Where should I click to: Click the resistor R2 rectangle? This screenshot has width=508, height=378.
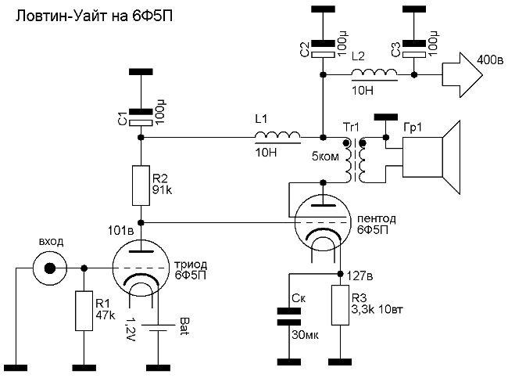coord(141,185)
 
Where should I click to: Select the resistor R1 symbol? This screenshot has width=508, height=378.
coord(84,311)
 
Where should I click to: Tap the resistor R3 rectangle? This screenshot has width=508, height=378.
coord(340,305)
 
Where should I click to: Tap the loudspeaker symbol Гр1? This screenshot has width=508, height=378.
coord(431,157)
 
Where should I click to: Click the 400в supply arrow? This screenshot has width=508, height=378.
coord(463,75)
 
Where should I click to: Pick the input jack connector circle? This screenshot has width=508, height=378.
coord(49,268)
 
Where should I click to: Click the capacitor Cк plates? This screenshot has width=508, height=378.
coord(288,317)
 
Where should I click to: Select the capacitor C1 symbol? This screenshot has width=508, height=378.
coord(141,117)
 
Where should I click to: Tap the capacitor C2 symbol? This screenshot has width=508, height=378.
coord(323,49)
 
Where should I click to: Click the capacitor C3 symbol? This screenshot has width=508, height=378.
coord(413,49)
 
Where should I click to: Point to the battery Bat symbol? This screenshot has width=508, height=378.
coord(159,327)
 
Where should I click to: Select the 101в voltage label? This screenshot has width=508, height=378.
coord(121,230)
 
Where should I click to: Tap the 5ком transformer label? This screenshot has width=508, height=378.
coord(325,157)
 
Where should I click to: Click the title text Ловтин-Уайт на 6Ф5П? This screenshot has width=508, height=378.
coord(94,16)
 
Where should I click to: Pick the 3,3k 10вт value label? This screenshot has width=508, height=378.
coord(377,309)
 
